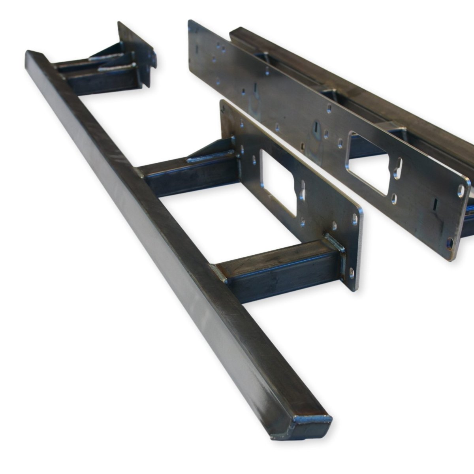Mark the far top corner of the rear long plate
tap(192, 24)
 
